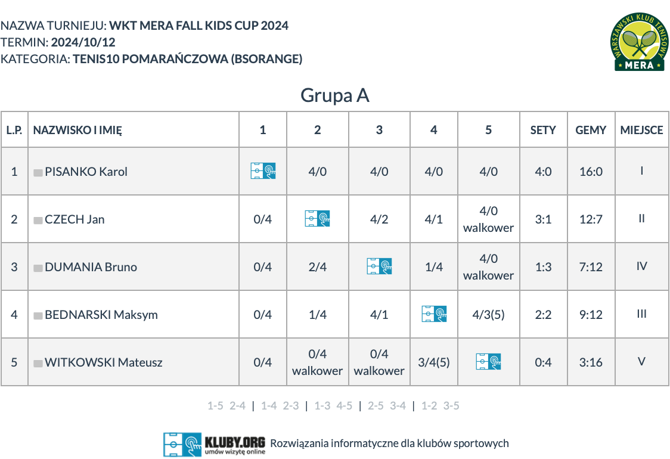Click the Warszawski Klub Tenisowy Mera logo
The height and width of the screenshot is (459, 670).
639,42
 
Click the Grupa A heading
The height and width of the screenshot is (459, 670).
334,95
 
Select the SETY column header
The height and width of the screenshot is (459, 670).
543,130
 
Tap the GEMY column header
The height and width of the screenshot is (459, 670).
591,130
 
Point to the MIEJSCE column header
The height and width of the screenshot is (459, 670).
642,130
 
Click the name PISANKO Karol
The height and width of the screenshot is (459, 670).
86,171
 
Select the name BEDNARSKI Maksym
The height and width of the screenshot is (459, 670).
101,315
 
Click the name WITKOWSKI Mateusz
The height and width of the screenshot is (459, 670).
103,362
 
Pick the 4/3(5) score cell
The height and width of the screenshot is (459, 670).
488,315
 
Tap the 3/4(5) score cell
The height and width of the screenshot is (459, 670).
434,362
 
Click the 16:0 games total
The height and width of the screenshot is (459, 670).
591,171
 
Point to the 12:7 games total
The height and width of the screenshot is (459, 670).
591,219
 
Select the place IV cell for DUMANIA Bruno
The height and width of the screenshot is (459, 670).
641,266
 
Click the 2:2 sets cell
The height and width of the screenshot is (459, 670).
543,315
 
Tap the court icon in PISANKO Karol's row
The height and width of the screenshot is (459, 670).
263,171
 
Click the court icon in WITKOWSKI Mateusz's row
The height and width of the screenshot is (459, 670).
488,362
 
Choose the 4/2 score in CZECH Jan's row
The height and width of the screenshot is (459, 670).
379,219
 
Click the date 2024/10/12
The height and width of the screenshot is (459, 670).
83,42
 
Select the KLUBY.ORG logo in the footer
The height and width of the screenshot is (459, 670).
214,445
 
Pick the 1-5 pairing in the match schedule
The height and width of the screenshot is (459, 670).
215,405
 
